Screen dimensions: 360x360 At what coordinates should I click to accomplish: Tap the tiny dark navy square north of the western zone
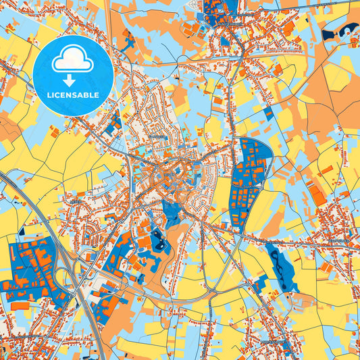pyautogui.click(x=21, y=230)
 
